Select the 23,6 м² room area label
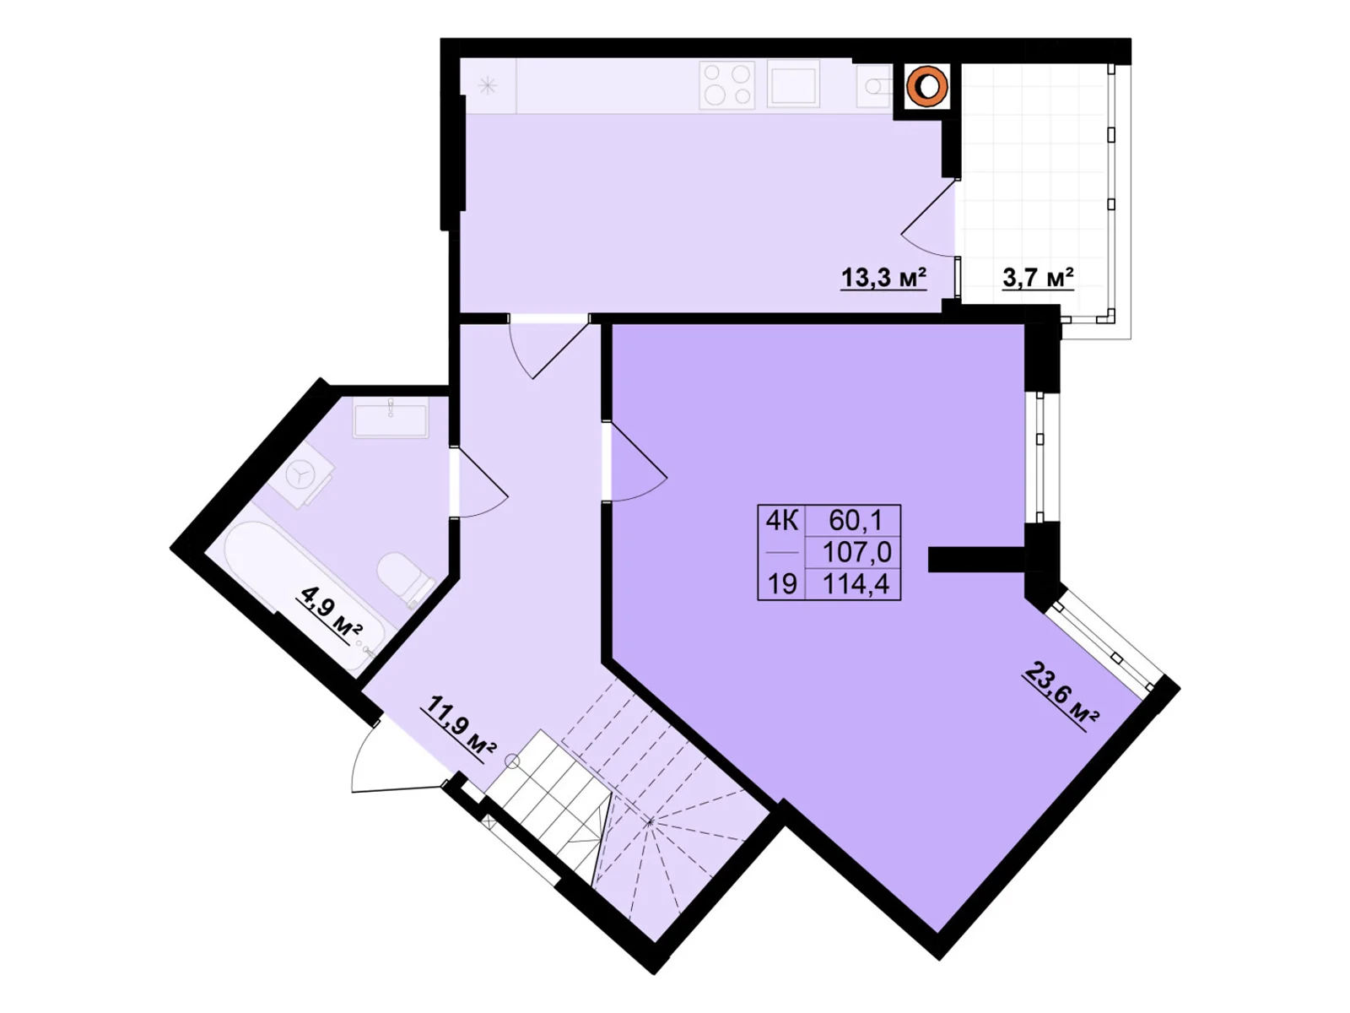[1060, 696]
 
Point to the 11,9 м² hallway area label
[462, 727]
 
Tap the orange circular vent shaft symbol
[926, 85]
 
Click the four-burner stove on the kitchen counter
[726, 84]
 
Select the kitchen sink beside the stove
[793, 84]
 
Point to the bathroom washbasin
[390, 417]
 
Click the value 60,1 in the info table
[855, 519]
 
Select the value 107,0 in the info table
[856, 552]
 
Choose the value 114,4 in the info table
[856, 583]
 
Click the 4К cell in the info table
[781, 519]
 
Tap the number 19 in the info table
[781, 583]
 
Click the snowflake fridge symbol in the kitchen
[488, 85]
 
